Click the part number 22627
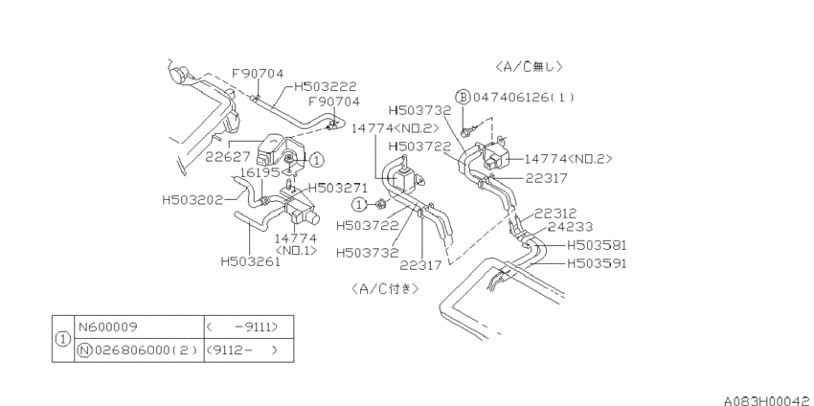pyautogui.click(x=228, y=156)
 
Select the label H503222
pyautogui.click(x=326, y=87)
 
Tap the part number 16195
pyautogui.click(x=260, y=171)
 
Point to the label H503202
pyautogui.click(x=192, y=199)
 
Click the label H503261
pyautogui.click(x=251, y=261)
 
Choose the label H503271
pyautogui.click(x=338, y=188)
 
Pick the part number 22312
pyautogui.click(x=555, y=214)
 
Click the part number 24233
pyautogui.click(x=570, y=227)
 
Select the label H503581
pyautogui.click(x=597, y=245)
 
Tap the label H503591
pyautogui.click(x=597, y=263)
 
